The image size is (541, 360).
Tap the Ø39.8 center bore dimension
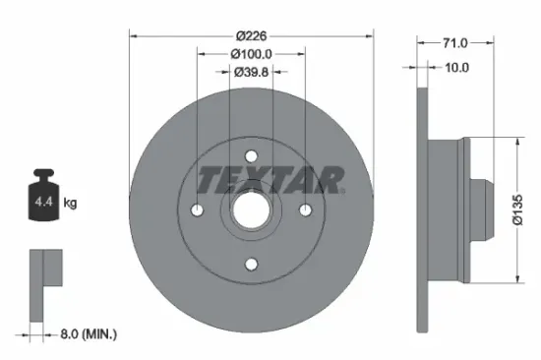(251, 71)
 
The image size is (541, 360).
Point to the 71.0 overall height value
(454, 43)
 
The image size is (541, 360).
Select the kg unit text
(71, 203)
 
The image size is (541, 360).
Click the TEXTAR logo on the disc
(270, 179)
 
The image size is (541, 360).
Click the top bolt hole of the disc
(251, 155)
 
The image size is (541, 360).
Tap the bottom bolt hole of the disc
(251, 263)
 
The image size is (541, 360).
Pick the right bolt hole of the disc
(305, 210)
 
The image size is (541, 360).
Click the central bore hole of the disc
(251, 210)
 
